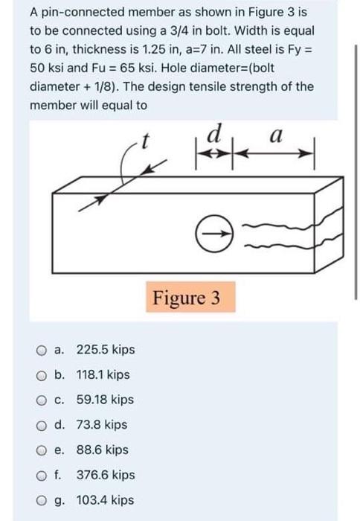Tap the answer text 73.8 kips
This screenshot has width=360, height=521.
[x=101, y=425]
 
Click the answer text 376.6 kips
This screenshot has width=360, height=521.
[x=106, y=475]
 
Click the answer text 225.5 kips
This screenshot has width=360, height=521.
[x=106, y=350]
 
